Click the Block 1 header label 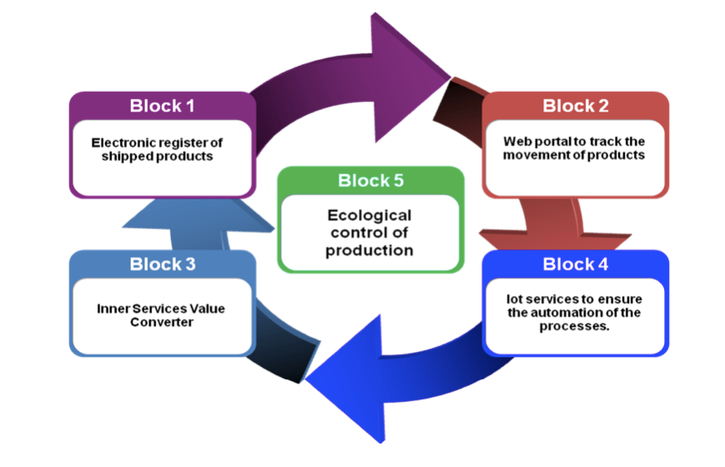(162, 106)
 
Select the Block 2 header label (576, 106)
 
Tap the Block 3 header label (162, 264)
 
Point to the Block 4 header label (576, 264)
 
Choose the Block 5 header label (370, 181)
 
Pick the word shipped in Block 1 (129, 156)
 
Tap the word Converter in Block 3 (162, 322)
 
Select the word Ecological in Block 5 (370, 216)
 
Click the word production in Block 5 (370, 250)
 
